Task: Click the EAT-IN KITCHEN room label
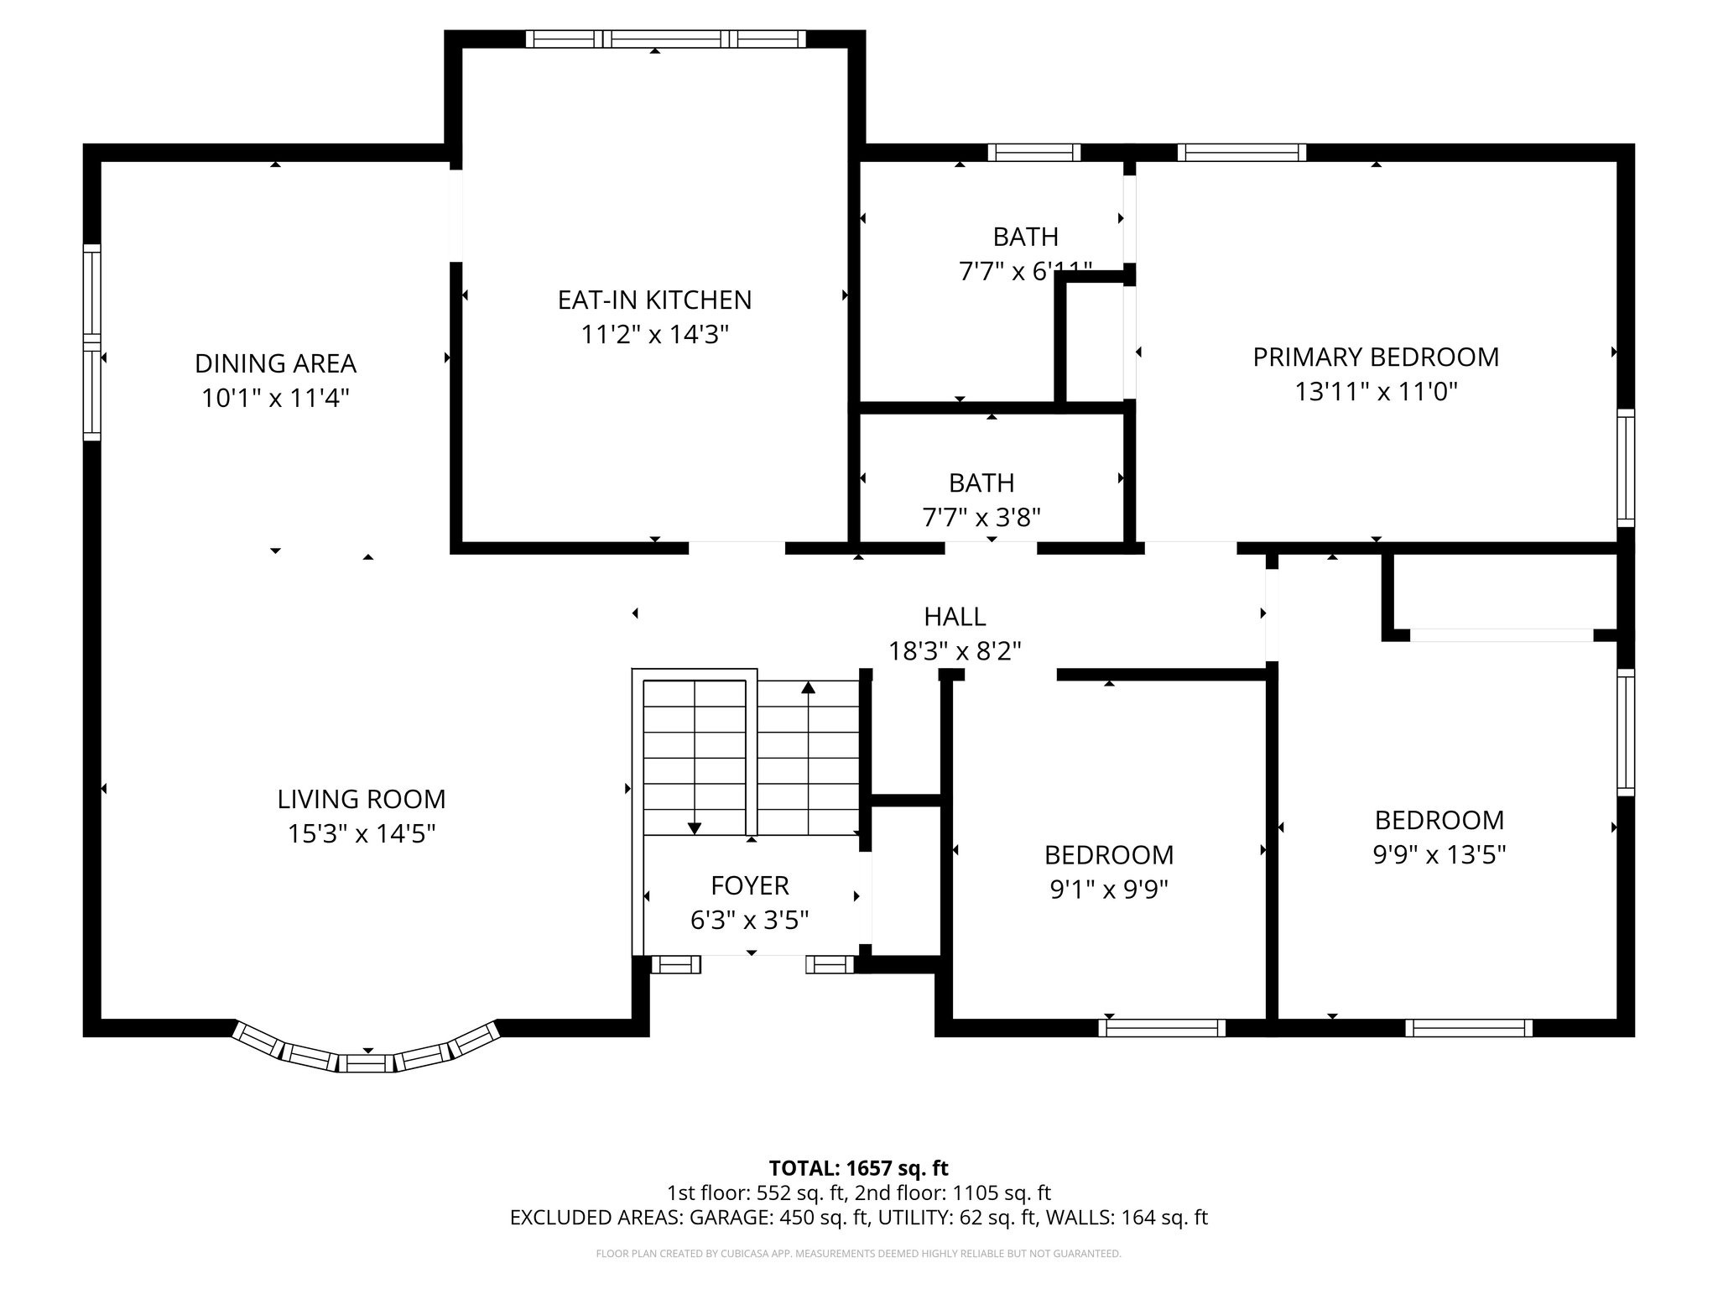click(654, 300)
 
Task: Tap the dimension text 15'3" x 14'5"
click(362, 834)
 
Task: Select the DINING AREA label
click(275, 363)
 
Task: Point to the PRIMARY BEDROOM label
click(1376, 357)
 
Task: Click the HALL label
click(955, 617)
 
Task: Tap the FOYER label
click(750, 885)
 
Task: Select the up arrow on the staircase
click(808, 688)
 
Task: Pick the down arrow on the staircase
click(695, 828)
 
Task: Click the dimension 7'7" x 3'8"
click(981, 518)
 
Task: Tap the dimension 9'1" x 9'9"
click(1109, 890)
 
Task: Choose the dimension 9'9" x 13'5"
click(1439, 855)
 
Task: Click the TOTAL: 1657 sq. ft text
click(858, 1168)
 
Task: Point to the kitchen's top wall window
click(666, 39)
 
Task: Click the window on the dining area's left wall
click(91, 342)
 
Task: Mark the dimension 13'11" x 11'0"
click(1376, 392)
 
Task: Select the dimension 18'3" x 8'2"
click(955, 651)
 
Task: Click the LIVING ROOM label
click(362, 799)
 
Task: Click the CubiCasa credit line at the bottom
click(858, 1254)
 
